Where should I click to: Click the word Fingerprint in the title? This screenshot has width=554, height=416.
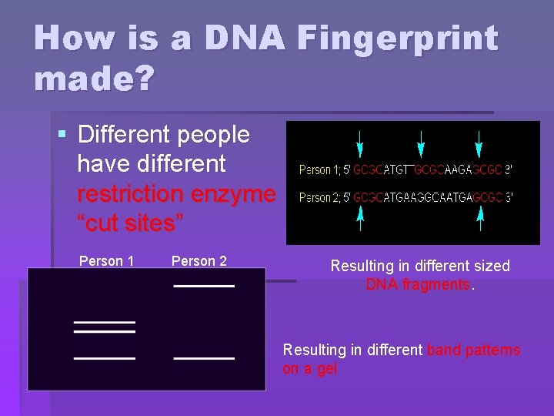coord(392,39)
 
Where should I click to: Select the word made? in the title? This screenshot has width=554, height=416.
coord(94,79)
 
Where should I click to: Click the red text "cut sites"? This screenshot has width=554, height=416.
coord(130,223)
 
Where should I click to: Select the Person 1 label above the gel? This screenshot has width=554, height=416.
coord(106,261)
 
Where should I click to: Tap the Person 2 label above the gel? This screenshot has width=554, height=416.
coord(199,261)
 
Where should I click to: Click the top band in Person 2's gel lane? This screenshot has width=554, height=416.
coord(204,286)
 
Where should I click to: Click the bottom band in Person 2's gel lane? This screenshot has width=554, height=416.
coord(204,358)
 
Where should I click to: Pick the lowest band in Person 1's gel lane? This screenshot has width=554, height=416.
coord(104,358)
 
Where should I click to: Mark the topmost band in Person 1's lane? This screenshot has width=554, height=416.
coord(104,321)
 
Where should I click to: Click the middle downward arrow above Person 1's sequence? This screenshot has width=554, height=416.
coord(420,143)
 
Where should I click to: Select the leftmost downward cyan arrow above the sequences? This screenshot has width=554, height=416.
coord(359,143)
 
